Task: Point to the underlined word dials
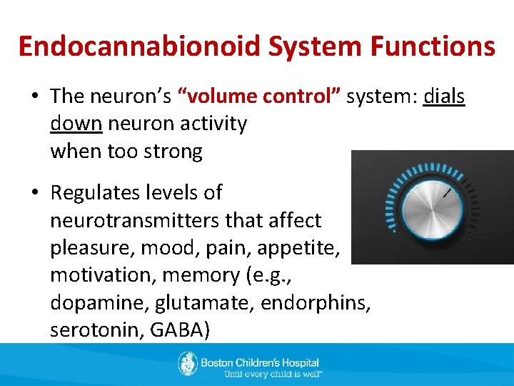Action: point(443,96)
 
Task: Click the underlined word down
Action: point(76,124)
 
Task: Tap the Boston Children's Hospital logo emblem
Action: point(187,364)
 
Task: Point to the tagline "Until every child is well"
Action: point(273,374)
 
